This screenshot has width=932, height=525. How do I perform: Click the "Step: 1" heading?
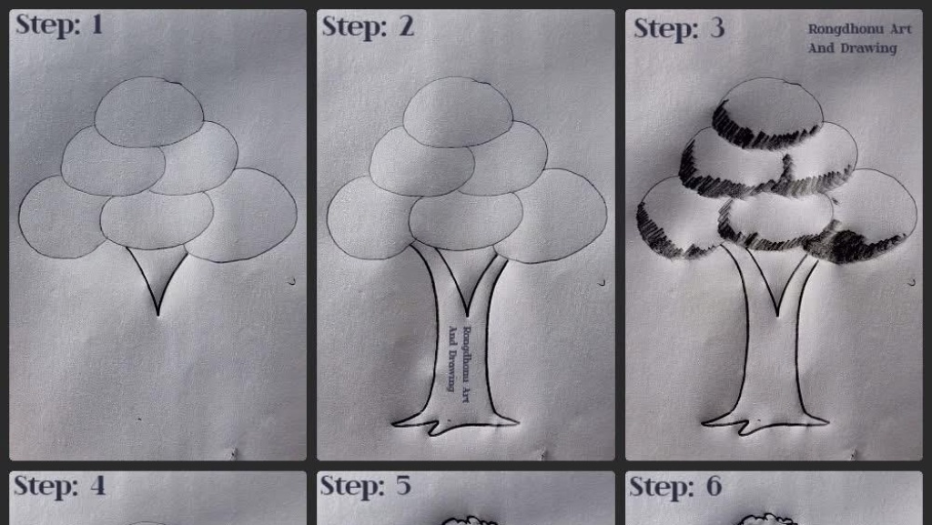[x=59, y=25]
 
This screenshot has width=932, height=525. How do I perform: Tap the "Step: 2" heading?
[x=368, y=26]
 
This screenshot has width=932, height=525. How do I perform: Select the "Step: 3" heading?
[x=679, y=28]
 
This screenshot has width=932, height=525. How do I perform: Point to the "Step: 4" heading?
[x=59, y=486]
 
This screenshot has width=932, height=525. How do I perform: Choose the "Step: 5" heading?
[x=366, y=486]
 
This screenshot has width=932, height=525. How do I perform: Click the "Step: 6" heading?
[x=675, y=487]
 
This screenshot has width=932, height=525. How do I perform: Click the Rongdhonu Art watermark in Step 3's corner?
[x=859, y=38]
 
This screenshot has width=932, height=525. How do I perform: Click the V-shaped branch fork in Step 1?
[x=157, y=280]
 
